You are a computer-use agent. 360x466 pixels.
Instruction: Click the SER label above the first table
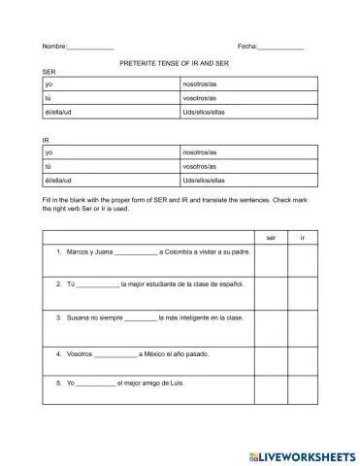click(x=49, y=73)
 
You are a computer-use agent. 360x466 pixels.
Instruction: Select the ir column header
click(x=303, y=237)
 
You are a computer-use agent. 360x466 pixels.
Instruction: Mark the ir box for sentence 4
click(x=303, y=356)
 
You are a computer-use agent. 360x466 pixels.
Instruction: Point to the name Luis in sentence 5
click(x=175, y=383)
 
